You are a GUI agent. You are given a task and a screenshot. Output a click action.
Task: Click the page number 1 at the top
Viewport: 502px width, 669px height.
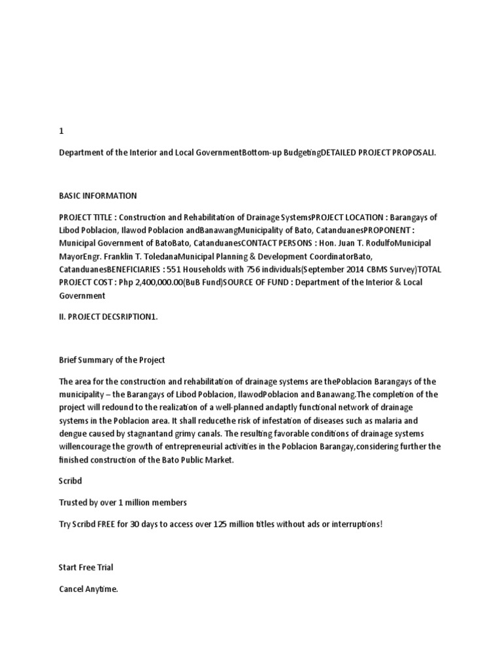[x=61, y=131]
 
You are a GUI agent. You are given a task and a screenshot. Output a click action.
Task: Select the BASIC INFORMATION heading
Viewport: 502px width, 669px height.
[x=97, y=195]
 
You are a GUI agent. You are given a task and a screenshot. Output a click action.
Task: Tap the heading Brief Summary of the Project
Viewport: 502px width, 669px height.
[x=112, y=359]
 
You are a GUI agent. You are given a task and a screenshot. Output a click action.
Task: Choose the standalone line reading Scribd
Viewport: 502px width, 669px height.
[x=71, y=481]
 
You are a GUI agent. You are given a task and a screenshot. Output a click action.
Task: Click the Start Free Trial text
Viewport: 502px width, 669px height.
[x=86, y=567]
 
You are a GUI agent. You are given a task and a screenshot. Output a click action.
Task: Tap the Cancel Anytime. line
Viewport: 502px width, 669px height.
[x=88, y=589]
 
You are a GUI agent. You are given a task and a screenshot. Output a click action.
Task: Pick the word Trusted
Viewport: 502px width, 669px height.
[x=73, y=502]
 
